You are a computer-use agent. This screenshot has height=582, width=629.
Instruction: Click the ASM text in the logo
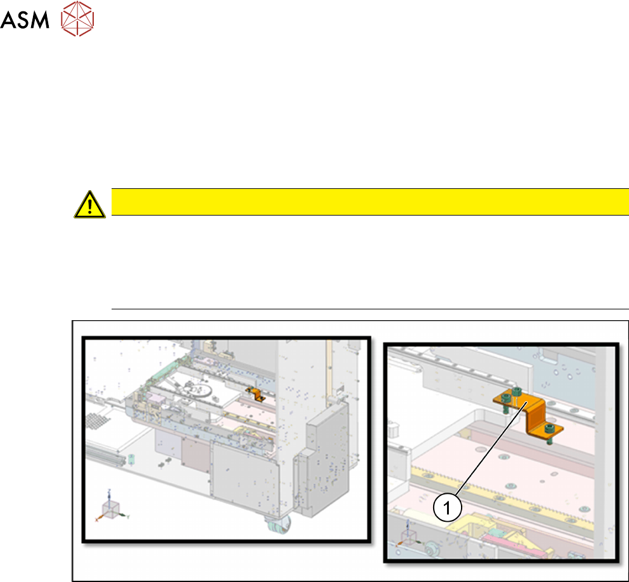coord(25,20)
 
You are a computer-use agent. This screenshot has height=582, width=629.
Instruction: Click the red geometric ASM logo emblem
coord(77,19)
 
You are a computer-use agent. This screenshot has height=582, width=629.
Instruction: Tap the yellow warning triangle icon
coord(89,205)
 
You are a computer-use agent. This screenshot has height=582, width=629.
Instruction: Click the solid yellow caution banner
coord(370,202)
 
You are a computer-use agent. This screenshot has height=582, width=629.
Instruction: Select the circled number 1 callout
coord(447,507)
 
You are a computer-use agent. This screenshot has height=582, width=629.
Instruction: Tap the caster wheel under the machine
coord(278,524)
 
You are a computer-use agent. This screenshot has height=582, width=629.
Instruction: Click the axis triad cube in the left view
coord(111,509)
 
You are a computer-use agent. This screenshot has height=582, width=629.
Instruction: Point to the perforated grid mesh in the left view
coord(96,422)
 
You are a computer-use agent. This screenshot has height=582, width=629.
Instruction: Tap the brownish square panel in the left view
coord(196,453)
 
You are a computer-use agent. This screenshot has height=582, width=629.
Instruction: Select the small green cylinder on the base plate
coord(131,458)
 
